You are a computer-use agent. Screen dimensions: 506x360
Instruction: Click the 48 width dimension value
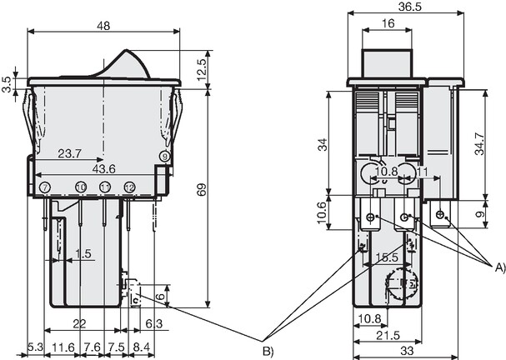point(103,26)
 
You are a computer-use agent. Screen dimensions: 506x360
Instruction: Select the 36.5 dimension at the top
point(409,7)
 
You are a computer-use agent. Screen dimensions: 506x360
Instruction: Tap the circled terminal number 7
point(45,187)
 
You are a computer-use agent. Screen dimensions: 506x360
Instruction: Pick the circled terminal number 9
point(165,157)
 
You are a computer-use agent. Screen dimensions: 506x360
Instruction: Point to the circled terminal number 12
point(129,187)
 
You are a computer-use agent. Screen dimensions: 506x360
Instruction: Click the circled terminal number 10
point(81,187)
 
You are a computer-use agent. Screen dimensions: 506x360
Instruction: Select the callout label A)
point(500,267)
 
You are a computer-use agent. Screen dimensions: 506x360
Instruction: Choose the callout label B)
point(268,351)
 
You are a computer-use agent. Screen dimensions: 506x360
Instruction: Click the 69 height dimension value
point(201,190)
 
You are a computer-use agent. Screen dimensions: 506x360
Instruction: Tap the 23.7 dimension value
point(69,153)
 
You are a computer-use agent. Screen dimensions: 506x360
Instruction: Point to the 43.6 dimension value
point(104,168)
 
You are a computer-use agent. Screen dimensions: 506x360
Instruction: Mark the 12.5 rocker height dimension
point(201,69)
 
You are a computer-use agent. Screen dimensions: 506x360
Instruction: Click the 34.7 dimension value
point(479,144)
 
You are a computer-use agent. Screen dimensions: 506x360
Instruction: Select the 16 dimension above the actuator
point(388,23)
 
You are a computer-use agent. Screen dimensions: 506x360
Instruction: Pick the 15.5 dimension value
point(388,257)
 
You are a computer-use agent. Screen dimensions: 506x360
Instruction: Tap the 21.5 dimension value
point(388,336)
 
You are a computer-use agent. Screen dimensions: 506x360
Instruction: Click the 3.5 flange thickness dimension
point(7,85)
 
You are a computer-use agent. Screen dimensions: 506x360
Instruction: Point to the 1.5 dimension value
point(83,254)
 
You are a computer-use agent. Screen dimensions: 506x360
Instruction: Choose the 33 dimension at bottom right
point(406,351)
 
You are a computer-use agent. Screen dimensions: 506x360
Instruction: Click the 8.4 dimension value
point(142,347)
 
